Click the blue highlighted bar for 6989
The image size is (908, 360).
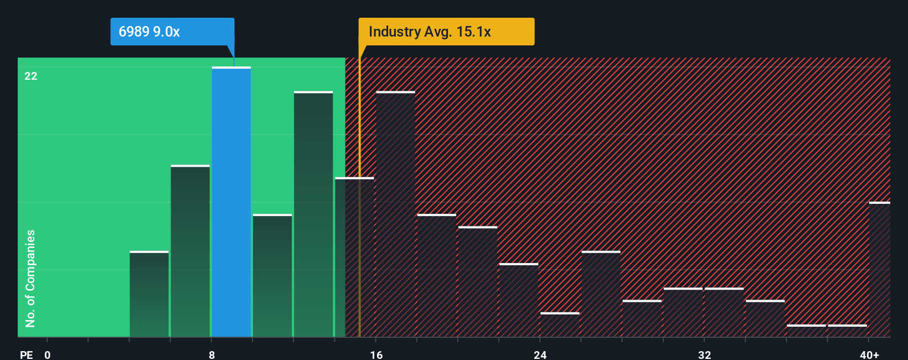[231, 202]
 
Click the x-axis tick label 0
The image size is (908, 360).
[48, 354]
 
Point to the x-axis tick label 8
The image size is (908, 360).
[212, 354]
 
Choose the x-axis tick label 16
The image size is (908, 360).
[376, 354]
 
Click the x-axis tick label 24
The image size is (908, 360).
[540, 354]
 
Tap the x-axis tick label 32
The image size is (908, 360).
[704, 354]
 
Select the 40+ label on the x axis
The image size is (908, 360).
[869, 354]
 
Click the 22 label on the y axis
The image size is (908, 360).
[31, 76]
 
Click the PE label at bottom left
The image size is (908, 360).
[26, 354]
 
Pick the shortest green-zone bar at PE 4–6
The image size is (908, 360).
[149, 294]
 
